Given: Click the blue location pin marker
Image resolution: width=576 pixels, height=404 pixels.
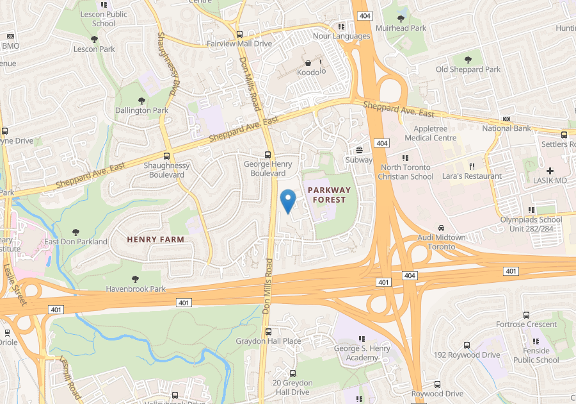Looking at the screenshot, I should pyautogui.click(x=288, y=201).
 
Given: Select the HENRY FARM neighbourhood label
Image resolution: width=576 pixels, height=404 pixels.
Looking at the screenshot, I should pyautogui.click(x=156, y=239).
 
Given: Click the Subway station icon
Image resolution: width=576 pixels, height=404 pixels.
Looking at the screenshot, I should pyautogui.click(x=359, y=150).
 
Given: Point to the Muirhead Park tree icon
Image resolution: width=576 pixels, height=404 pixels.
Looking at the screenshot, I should pyautogui.click(x=401, y=19).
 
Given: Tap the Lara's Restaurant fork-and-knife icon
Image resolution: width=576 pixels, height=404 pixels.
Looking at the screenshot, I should pyautogui.click(x=471, y=165).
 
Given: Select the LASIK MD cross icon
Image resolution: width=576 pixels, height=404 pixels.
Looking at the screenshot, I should pyautogui.click(x=550, y=170).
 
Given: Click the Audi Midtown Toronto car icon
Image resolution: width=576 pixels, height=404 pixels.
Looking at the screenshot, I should pyautogui.click(x=441, y=228).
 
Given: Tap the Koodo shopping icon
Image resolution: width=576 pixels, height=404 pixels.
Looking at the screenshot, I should pyautogui.click(x=308, y=63).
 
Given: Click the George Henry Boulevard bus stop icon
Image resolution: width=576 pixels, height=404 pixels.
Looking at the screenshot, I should pyautogui.click(x=268, y=155).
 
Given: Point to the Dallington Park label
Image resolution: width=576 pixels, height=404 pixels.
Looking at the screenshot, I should pyautogui.click(x=141, y=110).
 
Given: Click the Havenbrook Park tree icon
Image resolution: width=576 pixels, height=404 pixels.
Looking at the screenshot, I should pyautogui.click(x=135, y=279).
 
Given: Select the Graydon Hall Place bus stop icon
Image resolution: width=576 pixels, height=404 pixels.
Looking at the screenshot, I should pyautogui.click(x=268, y=332).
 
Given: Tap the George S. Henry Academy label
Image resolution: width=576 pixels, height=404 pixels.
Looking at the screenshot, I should pyautogui.click(x=361, y=353).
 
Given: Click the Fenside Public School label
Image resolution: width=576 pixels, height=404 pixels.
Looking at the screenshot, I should pyautogui.click(x=536, y=355).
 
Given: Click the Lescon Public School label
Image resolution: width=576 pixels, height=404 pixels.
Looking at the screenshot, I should pyautogui.click(x=103, y=19).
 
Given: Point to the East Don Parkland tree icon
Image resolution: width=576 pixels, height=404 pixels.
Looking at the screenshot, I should pyautogui.click(x=76, y=231).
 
